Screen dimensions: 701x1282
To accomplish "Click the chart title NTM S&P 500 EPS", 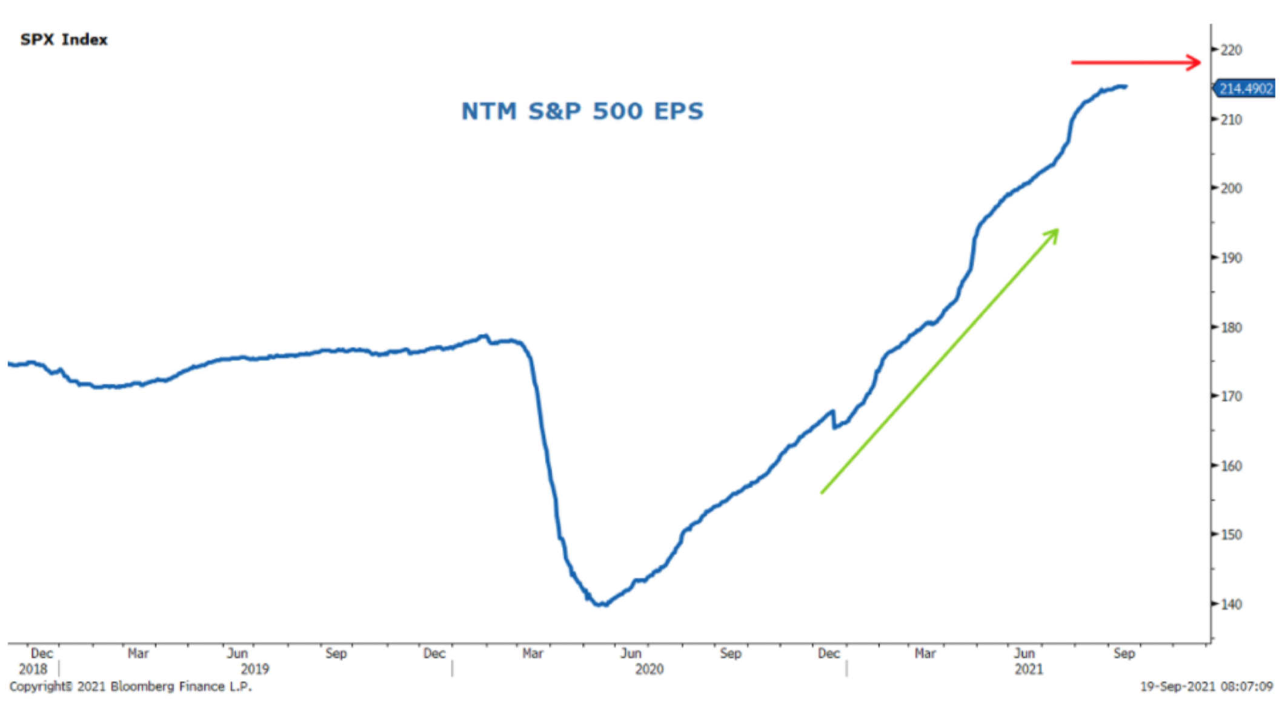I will pyautogui.click(x=582, y=111).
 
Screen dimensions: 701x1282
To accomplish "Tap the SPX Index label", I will pyautogui.click(x=64, y=39).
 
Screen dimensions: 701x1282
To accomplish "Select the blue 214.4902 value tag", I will pyautogui.click(x=1246, y=89).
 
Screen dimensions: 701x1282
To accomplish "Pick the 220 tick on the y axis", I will pyautogui.click(x=1231, y=50).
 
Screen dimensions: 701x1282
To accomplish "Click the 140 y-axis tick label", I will pyautogui.click(x=1231, y=604).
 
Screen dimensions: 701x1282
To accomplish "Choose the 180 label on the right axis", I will pyautogui.click(x=1231, y=327).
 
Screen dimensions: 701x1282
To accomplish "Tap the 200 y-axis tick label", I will pyautogui.click(x=1231, y=189).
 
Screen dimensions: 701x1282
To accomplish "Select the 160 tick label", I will pyautogui.click(x=1231, y=466).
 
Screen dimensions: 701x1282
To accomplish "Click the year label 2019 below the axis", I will pyautogui.click(x=254, y=669).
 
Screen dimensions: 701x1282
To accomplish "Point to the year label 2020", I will pyautogui.click(x=649, y=669).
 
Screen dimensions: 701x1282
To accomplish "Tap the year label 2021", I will pyautogui.click(x=1029, y=669).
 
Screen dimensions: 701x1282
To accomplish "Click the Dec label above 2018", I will pyautogui.click(x=42, y=653).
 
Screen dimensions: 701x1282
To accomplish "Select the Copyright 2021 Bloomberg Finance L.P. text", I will pyautogui.click(x=130, y=686).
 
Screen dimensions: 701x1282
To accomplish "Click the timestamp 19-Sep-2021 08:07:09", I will pyautogui.click(x=1206, y=686).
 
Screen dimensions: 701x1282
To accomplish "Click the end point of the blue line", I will pyautogui.click(x=1125, y=87).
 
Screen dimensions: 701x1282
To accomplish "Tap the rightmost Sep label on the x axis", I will pyautogui.click(x=1124, y=653).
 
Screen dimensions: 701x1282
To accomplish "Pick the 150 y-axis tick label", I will pyautogui.click(x=1231, y=535).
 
